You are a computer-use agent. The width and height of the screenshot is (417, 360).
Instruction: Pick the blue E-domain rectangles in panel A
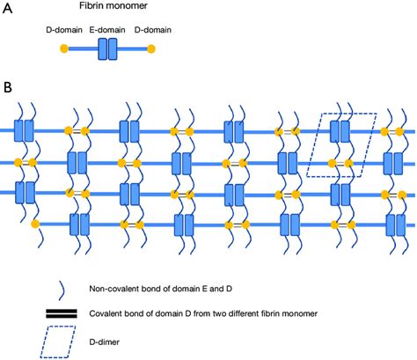106,48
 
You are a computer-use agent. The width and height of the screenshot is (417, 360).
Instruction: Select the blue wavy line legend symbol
36,287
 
